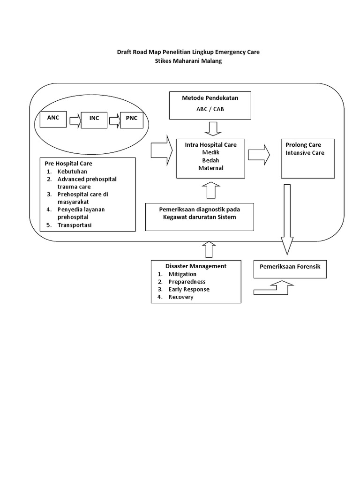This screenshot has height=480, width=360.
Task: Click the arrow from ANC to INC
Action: click(75, 122)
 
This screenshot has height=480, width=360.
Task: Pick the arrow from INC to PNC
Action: click(114, 122)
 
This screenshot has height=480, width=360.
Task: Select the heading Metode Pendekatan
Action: click(210, 97)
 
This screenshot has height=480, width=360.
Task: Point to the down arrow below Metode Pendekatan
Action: click(210, 128)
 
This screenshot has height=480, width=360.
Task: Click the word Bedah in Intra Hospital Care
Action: click(210, 160)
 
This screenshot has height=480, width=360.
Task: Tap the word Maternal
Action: click(210, 168)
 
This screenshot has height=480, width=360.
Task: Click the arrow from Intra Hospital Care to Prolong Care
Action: click(259, 155)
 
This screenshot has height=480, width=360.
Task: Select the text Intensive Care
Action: click(305, 153)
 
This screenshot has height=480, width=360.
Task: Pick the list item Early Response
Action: click(189, 289)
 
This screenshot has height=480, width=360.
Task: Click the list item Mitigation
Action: click(182, 274)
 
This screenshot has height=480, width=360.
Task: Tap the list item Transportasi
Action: click(75, 225)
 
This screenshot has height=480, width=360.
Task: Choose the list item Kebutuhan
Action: click(73, 172)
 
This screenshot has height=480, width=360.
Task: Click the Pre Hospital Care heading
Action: click(69, 164)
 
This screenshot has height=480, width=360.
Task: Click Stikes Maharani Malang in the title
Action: click(187, 61)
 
